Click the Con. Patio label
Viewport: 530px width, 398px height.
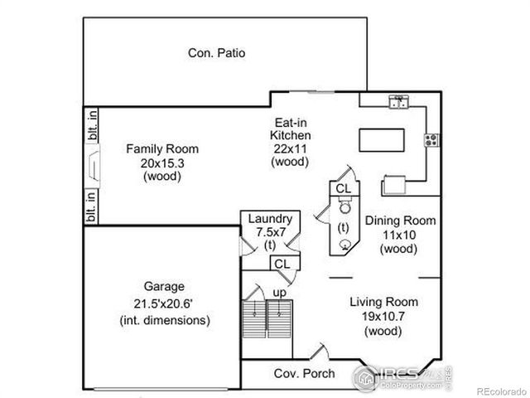pyautogui.click(x=216, y=53)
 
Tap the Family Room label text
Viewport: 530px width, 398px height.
pyautogui.click(x=162, y=163)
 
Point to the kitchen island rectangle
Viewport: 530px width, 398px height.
pyautogui.click(x=383, y=138)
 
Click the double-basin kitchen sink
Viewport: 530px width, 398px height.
pyautogui.click(x=399, y=102)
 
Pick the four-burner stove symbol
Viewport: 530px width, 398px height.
pyautogui.click(x=431, y=138)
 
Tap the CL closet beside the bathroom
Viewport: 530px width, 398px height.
pyautogui.click(x=343, y=189)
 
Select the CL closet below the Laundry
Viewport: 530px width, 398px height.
pyautogui.click(x=282, y=264)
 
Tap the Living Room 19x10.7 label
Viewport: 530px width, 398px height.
pyautogui.click(x=383, y=316)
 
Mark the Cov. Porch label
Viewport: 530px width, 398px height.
pyautogui.click(x=304, y=374)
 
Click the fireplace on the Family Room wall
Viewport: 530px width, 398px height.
pyautogui.click(x=94, y=171)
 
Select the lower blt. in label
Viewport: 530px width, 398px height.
pyautogui.click(x=91, y=206)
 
